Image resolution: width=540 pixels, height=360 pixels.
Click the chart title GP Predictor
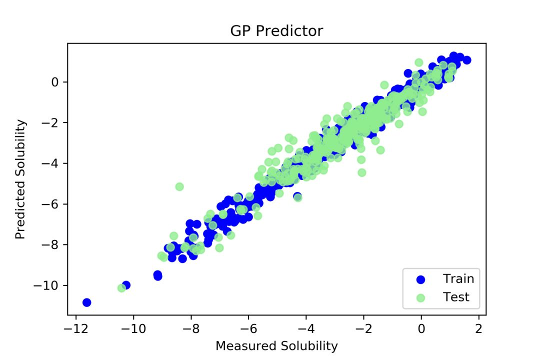(x=276, y=31)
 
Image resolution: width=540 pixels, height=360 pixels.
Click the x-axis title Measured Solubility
(x=276, y=345)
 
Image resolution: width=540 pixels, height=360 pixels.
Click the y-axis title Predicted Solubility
(x=20, y=179)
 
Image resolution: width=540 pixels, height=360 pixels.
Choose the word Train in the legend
(x=458, y=279)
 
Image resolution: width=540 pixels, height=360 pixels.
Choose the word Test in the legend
(x=456, y=297)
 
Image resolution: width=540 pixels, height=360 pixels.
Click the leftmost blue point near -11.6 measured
(x=86, y=302)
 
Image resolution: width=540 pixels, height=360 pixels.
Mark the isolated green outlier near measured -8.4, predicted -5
(x=179, y=186)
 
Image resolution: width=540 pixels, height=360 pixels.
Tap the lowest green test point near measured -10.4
(x=121, y=288)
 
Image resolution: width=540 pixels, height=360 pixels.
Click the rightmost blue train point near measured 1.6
(x=467, y=60)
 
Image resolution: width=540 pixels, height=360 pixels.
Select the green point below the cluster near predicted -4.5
(x=361, y=172)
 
